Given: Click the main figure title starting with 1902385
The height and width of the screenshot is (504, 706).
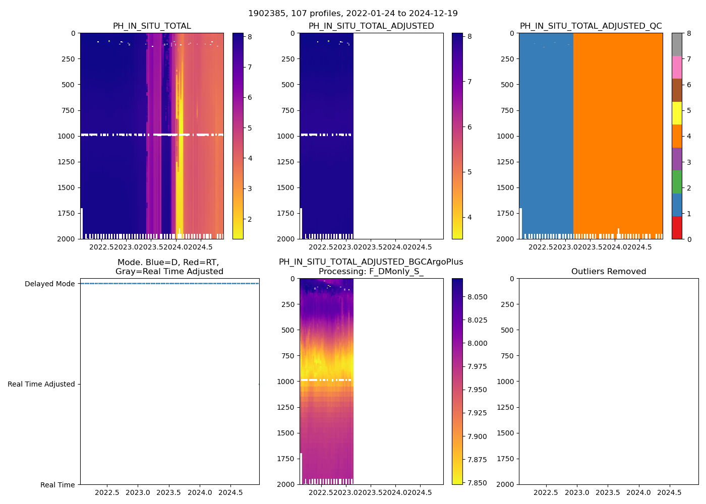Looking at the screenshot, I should pos(352,14).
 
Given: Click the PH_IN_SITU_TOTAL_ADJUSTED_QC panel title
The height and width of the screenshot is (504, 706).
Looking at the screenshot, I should pos(591,26).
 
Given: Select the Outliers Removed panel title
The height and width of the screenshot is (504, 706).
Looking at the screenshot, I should pos(608,272).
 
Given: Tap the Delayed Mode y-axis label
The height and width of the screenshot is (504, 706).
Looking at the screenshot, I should pos(49,284).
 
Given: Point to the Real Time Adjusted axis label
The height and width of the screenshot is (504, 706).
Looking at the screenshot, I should pos(41,384).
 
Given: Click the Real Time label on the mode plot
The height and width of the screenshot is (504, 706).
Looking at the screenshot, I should pos(57,485).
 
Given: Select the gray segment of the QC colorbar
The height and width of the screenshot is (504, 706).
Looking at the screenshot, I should pos(677,44).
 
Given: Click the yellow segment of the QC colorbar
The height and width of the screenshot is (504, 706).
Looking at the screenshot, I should pos(677,113).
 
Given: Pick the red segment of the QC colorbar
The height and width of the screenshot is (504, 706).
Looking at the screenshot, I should pos(677,227).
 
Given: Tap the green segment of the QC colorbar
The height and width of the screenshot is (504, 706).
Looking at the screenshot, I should pos(677,182).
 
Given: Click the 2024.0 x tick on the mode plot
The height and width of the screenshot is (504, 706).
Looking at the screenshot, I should pos(200,492).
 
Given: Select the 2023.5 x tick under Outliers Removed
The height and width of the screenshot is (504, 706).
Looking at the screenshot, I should pos(608,492).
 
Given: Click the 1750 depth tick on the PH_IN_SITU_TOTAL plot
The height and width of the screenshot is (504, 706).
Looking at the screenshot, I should pos(66,213).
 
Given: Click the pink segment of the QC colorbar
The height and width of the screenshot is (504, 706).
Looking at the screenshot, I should pos(677,68).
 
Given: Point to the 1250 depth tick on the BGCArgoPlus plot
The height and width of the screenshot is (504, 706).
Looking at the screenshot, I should pos(285,407).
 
